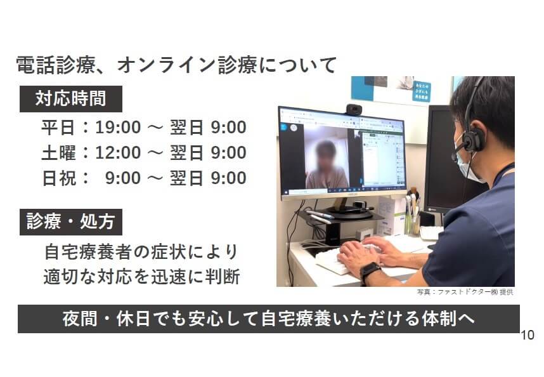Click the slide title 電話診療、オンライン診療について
[x=176, y=65]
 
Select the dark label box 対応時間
[x=71, y=99]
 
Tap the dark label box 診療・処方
[x=71, y=222]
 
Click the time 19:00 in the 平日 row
[x=118, y=127]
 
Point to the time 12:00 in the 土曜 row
[x=118, y=152]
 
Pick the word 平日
[x=58, y=127]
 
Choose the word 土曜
[x=58, y=152]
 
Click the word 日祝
[x=58, y=178]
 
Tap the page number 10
[x=528, y=335]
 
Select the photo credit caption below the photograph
[x=465, y=292]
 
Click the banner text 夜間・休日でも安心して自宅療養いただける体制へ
[x=269, y=319]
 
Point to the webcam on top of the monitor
[x=354, y=109]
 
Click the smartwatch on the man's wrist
[x=370, y=270]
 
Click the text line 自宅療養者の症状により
[x=141, y=252]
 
